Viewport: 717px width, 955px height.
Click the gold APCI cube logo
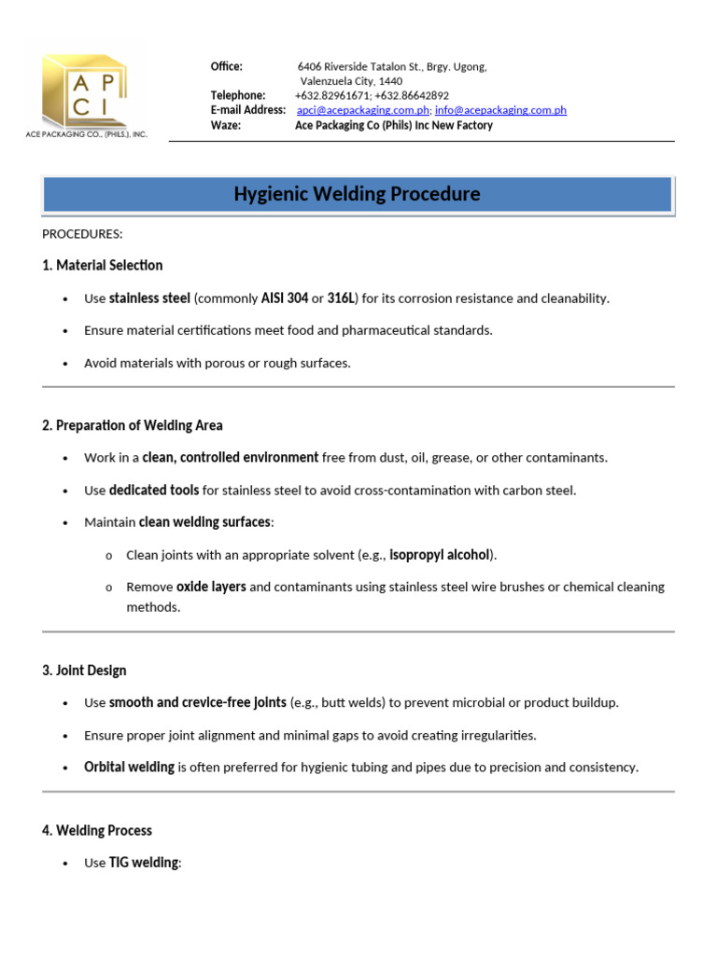pyautogui.click(x=84, y=91)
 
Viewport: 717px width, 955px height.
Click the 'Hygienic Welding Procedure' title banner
pyautogui.click(x=357, y=194)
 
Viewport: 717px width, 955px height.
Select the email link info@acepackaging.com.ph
pyautogui.click(x=500, y=110)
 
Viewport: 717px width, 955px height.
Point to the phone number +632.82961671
pyautogui.click(x=331, y=95)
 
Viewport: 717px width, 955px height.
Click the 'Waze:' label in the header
pyautogui.click(x=226, y=125)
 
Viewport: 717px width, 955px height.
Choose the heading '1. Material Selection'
pyautogui.click(x=103, y=266)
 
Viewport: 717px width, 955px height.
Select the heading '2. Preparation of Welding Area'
pyautogui.click(x=133, y=425)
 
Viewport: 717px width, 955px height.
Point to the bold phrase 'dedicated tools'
pyautogui.click(x=154, y=490)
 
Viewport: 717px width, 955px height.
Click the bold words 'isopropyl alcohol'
pyautogui.click(x=439, y=555)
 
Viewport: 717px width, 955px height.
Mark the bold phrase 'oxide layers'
pyautogui.click(x=211, y=587)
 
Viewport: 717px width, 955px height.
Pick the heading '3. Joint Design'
pyautogui.click(x=84, y=671)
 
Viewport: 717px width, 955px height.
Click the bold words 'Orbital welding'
pyautogui.click(x=129, y=767)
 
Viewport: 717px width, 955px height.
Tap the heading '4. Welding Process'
pyautogui.click(x=97, y=830)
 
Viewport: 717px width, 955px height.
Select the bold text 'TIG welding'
pyautogui.click(x=143, y=863)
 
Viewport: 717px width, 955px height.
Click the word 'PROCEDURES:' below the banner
pyautogui.click(x=82, y=233)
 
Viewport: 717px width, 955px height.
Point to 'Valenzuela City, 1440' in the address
pyautogui.click(x=351, y=81)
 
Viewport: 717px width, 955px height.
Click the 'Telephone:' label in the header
pyautogui.click(x=237, y=95)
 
